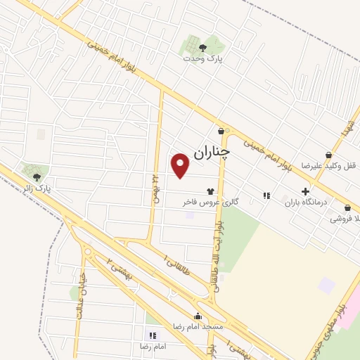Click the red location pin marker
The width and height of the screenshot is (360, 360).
[181, 165]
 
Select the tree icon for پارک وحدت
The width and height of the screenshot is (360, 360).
[202, 48]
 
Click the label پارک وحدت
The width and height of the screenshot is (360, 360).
[202, 59]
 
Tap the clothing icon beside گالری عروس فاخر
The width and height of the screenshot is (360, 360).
[210, 191]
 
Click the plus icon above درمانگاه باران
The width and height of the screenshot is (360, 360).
[305, 191]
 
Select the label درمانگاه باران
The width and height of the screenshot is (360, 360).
[302, 202]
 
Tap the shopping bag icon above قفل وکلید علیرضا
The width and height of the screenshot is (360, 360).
[328, 155]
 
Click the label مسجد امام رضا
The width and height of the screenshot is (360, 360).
[199, 327]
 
